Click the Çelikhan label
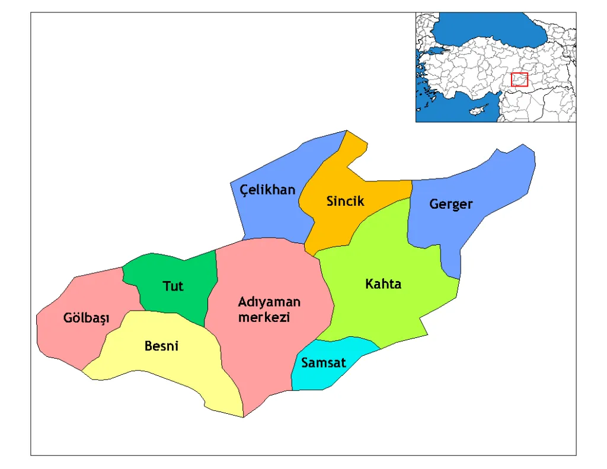[x=267, y=190]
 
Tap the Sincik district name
[x=345, y=202]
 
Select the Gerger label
[x=451, y=205]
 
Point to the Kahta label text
[x=383, y=284]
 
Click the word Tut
[x=173, y=286]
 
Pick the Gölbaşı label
[x=87, y=318]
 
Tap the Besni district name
[x=161, y=346]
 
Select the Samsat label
[x=323, y=363]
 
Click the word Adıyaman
[x=269, y=302]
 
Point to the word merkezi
[x=264, y=317]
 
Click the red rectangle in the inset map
[x=519, y=79]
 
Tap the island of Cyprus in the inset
[x=475, y=111]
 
